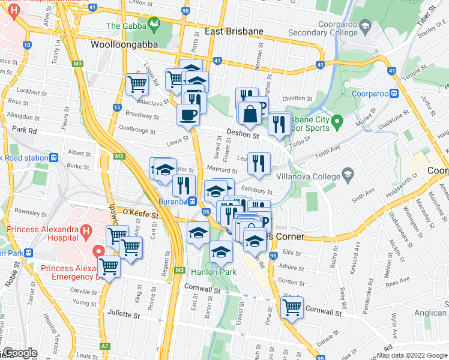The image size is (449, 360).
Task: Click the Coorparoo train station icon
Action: (394, 93)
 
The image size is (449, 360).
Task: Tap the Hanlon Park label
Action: (213, 272)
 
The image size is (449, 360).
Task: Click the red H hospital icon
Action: (86, 231)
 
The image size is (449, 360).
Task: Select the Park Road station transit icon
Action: (54, 158)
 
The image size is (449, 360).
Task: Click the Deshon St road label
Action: (243, 136)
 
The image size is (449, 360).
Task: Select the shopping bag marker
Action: (249, 112)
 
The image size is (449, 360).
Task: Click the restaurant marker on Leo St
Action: (258, 163)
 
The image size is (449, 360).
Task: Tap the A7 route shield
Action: (105, 346)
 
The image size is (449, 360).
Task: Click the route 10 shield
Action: (27, 45)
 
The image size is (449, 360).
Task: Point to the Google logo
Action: (19, 353)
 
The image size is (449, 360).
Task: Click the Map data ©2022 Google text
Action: (411, 355)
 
